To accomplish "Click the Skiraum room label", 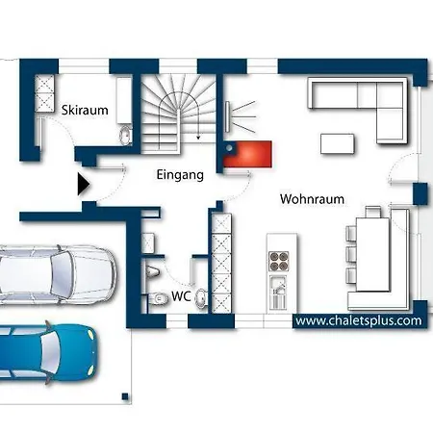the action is (x=85, y=110).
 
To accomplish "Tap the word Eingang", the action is (x=180, y=175).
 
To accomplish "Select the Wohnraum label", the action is (x=312, y=199).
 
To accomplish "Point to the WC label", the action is (x=181, y=296).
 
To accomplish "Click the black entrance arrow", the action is (x=84, y=184).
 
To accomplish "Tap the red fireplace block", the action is (x=247, y=154).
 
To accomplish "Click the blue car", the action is (x=47, y=352).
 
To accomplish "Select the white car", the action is (x=58, y=274).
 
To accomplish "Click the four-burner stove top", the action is (x=278, y=262).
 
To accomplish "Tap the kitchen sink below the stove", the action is (x=278, y=293).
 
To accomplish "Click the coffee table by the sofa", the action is (x=338, y=144).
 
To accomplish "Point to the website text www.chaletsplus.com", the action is (x=359, y=320).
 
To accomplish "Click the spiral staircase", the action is (x=178, y=113).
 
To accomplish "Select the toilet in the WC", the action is (x=160, y=299).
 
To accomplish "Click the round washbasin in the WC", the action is (x=201, y=298).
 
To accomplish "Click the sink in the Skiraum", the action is (x=125, y=135).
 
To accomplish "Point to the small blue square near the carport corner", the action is (x=125, y=396).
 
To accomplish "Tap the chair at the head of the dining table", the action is (x=373, y=212).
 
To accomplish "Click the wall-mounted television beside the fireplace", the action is (x=227, y=116).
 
